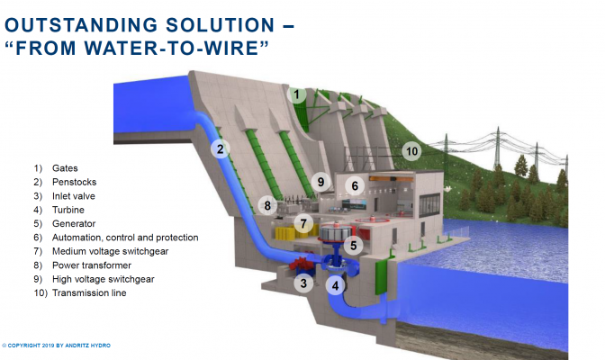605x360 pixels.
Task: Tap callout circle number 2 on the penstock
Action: (x=219, y=149)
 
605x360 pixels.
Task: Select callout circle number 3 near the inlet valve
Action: (x=305, y=283)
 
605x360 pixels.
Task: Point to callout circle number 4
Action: (x=336, y=287)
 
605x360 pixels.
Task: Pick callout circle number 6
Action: (x=355, y=186)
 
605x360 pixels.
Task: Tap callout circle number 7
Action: (x=304, y=223)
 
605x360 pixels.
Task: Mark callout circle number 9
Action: (x=321, y=183)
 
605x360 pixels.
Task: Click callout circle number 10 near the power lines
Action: (x=411, y=151)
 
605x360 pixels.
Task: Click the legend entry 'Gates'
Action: (x=65, y=168)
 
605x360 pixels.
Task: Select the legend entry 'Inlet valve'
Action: (x=73, y=196)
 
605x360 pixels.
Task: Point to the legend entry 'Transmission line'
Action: (x=89, y=292)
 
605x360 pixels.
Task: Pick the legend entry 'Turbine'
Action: (x=68, y=210)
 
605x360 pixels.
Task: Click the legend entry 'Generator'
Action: (x=74, y=223)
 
